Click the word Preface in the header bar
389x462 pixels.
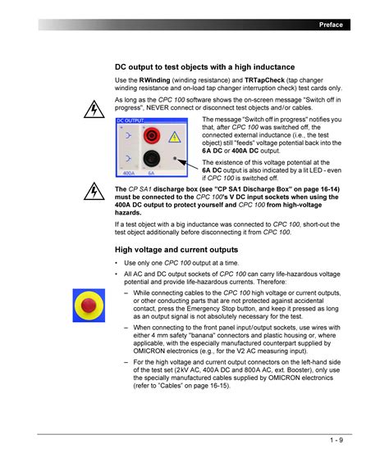(331, 25)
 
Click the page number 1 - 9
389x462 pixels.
(336, 440)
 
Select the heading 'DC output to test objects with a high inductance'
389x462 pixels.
(204, 67)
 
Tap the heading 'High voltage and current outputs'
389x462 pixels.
(176, 250)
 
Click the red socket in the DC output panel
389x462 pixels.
(152, 135)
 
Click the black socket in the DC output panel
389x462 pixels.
(152, 158)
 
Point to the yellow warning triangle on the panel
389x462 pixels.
(175, 137)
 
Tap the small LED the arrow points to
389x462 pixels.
(175, 159)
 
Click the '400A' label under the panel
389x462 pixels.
(128, 173)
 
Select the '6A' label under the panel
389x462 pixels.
(151, 173)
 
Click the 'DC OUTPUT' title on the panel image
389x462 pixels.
(130, 120)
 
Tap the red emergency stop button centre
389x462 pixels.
(89, 305)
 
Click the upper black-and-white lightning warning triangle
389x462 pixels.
(94, 110)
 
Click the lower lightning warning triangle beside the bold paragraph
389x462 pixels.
(94, 192)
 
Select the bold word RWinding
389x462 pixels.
(154, 80)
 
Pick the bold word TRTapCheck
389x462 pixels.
(264, 80)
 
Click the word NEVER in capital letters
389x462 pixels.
(158, 108)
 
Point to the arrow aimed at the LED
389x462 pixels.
(187, 164)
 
